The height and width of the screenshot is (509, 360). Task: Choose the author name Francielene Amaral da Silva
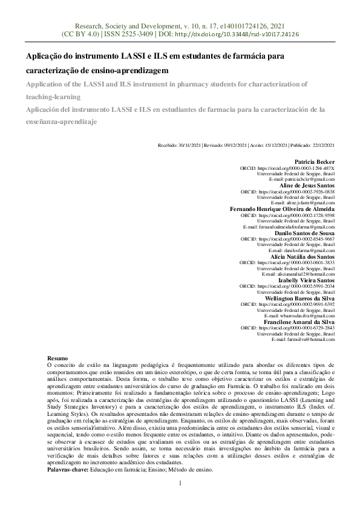(x=299, y=322)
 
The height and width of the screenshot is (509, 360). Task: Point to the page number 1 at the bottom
(x=180, y=483)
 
